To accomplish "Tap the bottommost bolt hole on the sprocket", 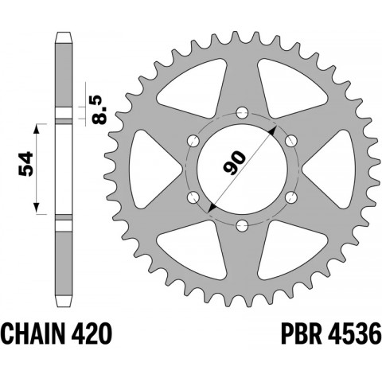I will pyautogui.click(x=240, y=224).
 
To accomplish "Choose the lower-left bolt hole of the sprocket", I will pyautogui.click(x=191, y=196).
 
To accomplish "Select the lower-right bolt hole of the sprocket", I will pyautogui.click(x=290, y=196).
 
